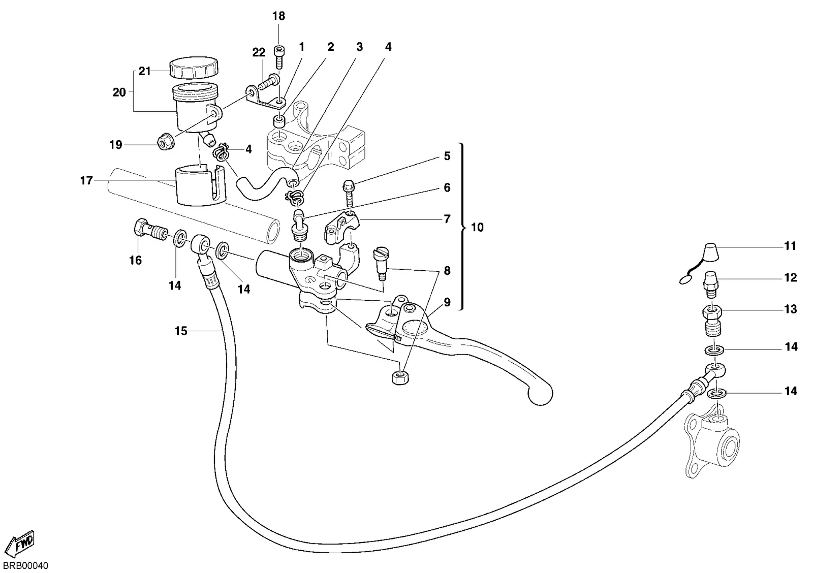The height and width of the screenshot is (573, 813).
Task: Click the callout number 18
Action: pos(279,16)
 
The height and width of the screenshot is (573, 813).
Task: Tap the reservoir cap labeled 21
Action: pos(194,68)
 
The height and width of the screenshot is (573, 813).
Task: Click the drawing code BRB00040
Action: pos(25,565)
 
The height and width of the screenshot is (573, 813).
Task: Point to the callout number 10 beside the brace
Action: pos(477,227)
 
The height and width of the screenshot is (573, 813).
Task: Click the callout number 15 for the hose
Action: pos(181,331)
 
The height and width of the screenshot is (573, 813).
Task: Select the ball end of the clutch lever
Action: pos(540,394)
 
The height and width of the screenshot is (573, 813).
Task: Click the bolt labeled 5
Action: pos(348,194)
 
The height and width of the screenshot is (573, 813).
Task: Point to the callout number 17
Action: pos(86,180)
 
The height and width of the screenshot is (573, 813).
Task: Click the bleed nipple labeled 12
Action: pos(711,285)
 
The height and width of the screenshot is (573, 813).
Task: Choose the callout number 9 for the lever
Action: pos(447,302)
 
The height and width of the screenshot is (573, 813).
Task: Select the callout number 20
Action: pos(119,92)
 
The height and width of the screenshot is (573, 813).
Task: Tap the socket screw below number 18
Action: pos(279,57)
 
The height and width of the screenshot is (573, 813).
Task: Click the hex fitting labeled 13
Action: pos(712,320)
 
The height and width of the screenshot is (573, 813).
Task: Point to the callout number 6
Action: pos(447,187)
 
